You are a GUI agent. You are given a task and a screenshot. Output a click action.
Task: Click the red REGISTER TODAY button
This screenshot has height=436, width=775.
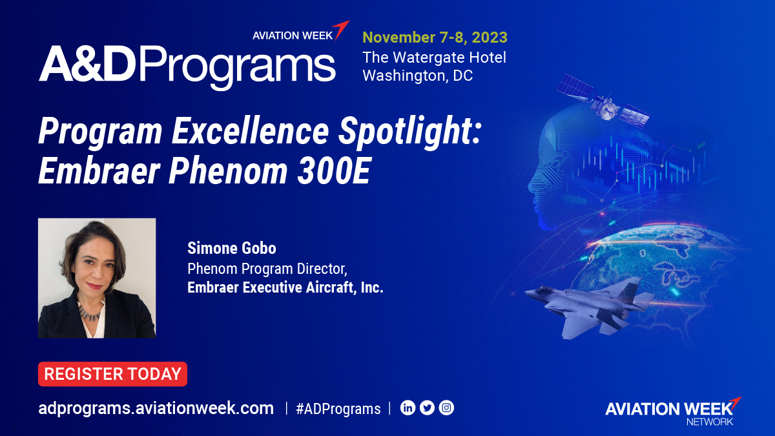112,374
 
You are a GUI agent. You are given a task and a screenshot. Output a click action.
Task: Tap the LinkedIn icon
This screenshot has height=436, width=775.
408,408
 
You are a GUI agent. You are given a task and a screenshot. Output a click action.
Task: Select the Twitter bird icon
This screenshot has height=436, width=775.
427,408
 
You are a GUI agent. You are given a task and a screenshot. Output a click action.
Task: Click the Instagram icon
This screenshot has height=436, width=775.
446,408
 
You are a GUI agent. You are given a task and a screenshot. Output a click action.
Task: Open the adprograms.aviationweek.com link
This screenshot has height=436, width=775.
156,408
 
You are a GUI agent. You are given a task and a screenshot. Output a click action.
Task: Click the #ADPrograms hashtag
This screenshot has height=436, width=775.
338,409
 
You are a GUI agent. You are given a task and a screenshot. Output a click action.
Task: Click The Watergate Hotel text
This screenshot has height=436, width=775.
434,57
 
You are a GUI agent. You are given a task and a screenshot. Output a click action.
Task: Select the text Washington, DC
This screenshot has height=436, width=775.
417,76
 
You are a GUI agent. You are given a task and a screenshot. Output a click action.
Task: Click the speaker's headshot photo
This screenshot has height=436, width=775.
97,278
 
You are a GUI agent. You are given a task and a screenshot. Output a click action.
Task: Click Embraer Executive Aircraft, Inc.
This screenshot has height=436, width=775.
285,287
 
